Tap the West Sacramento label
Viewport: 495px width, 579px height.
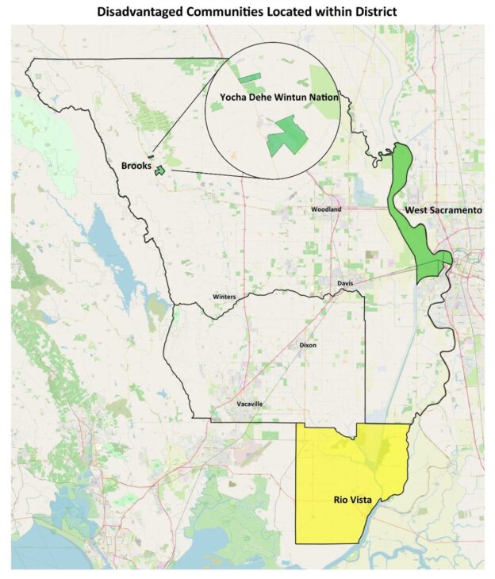(x=443, y=210)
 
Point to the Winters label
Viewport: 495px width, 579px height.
(x=224, y=297)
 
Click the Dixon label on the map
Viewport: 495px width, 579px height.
(x=309, y=346)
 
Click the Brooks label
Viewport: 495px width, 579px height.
(x=136, y=166)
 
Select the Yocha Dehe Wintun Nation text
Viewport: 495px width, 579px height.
(x=273, y=98)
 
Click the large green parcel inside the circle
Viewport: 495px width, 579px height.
(x=286, y=136)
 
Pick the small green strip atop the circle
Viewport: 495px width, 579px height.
(x=251, y=78)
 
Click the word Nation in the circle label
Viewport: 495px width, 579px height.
(x=321, y=98)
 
